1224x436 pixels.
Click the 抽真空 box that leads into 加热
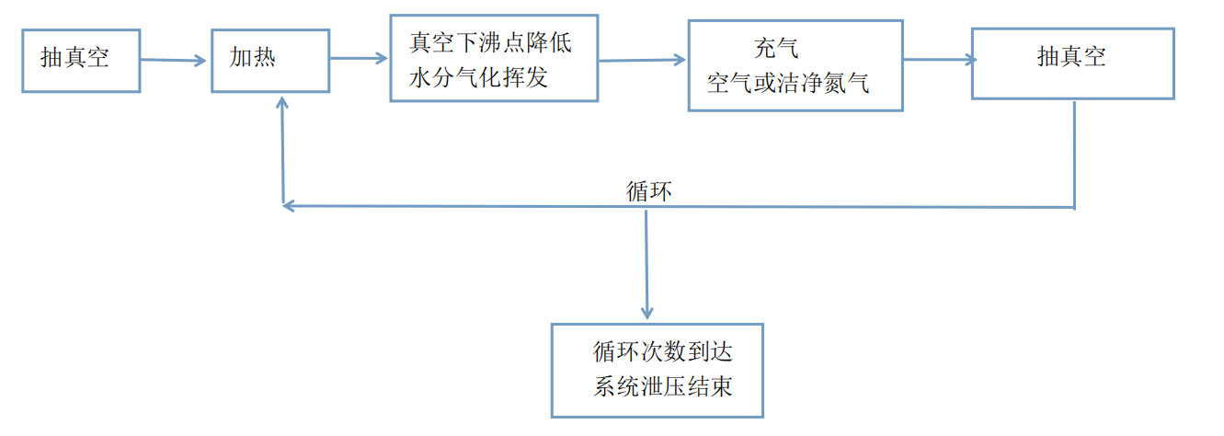pyautogui.click(x=81, y=60)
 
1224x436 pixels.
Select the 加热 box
pyautogui.click(x=270, y=60)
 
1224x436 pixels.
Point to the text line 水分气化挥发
pyautogui.click(x=478, y=77)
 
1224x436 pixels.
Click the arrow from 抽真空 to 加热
pyautogui.click(x=175, y=61)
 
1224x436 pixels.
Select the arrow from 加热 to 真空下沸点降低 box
pyautogui.click(x=359, y=59)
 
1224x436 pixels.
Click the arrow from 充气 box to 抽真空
pyautogui.click(x=937, y=61)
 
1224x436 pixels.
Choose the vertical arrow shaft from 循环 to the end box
pyautogui.click(x=646, y=258)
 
